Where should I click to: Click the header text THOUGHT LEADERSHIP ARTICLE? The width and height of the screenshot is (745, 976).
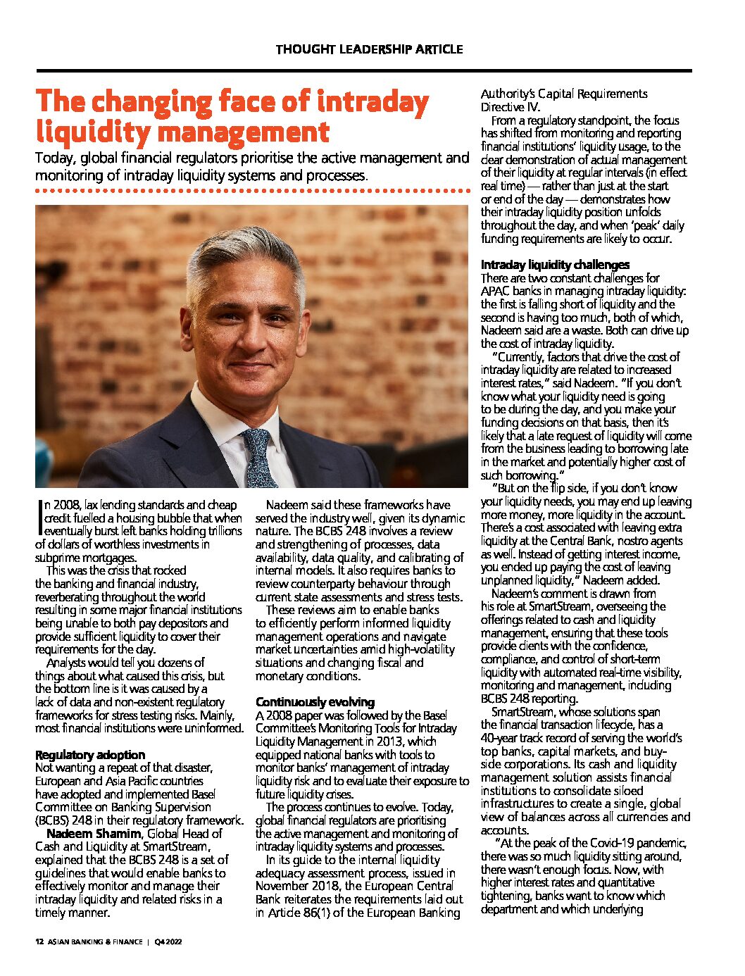point(369,49)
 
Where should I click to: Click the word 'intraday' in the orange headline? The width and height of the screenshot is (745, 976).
point(372,102)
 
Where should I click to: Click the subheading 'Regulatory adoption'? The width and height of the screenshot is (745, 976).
point(90,754)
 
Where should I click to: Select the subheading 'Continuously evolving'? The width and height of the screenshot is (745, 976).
point(315,702)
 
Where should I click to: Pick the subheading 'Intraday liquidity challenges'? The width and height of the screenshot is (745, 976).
point(555,265)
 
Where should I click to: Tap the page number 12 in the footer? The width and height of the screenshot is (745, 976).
point(39,942)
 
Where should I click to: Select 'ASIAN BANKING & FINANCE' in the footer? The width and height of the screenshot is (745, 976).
point(95,942)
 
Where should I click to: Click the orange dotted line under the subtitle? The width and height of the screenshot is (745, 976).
point(252,191)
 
